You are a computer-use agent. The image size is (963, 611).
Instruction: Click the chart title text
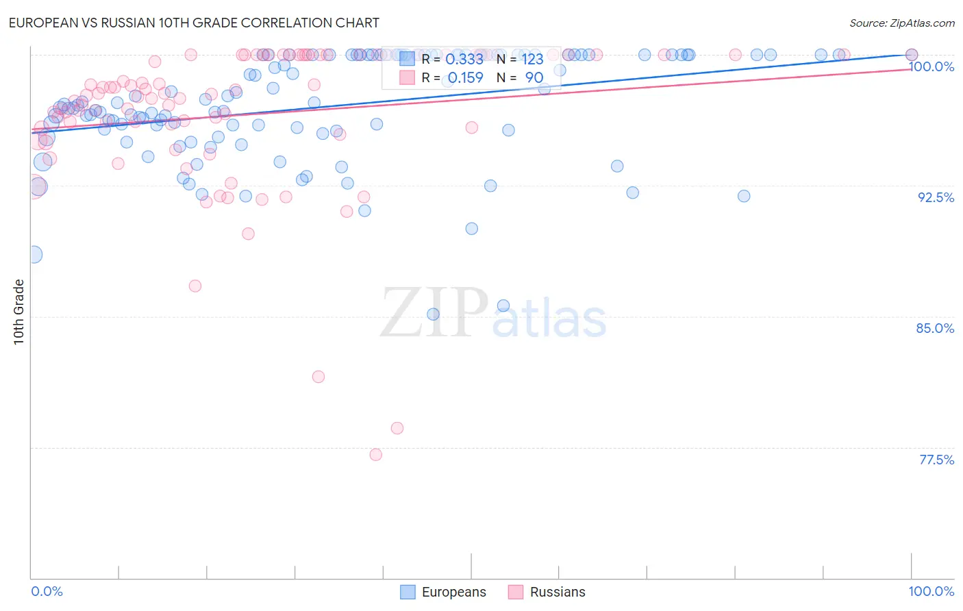coord(194,23)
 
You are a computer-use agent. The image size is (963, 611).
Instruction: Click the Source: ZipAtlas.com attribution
coord(901,23)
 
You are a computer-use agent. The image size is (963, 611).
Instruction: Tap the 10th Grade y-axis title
coord(18,312)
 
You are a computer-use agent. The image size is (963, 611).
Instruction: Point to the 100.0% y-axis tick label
coord(931,66)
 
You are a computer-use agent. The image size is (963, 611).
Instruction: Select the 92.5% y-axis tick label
coord(936,197)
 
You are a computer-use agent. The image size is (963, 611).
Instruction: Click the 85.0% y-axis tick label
coord(935,328)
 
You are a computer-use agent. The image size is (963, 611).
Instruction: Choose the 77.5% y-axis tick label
coord(936,460)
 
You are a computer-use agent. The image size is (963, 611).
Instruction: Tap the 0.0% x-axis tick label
coord(47,591)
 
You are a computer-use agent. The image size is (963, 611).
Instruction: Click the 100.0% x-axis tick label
coord(931,591)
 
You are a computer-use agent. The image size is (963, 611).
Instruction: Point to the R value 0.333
coord(464,60)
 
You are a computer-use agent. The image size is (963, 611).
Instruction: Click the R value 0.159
coord(465,78)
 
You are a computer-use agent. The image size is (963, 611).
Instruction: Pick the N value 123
coord(532,60)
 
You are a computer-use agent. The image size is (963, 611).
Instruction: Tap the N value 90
coord(534,78)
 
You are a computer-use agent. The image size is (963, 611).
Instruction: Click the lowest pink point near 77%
coord(375,455)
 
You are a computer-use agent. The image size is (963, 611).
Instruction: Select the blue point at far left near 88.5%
coord(34,255)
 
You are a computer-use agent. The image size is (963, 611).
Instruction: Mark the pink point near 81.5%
coord(318,377)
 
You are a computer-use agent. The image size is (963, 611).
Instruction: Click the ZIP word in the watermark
coord(434,312)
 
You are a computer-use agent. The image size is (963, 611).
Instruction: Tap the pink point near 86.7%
coord(195,286)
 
